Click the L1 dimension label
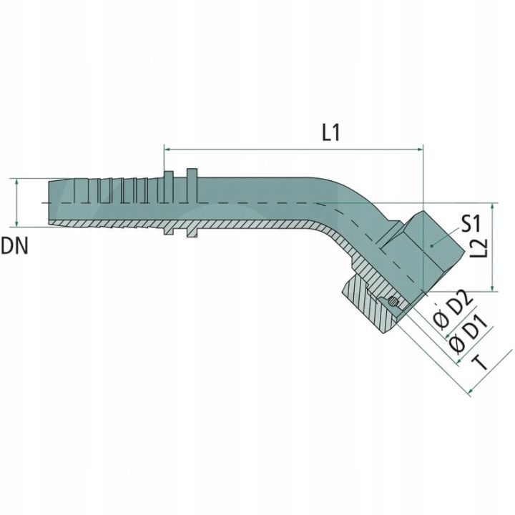[x=330, y=133]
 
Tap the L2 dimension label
[x=479, y=247]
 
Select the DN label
[x=14, y=246]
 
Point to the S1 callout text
[x=471, y=224]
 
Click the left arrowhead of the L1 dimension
[x=167, y=149]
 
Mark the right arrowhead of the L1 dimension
[x=421, y=149]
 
